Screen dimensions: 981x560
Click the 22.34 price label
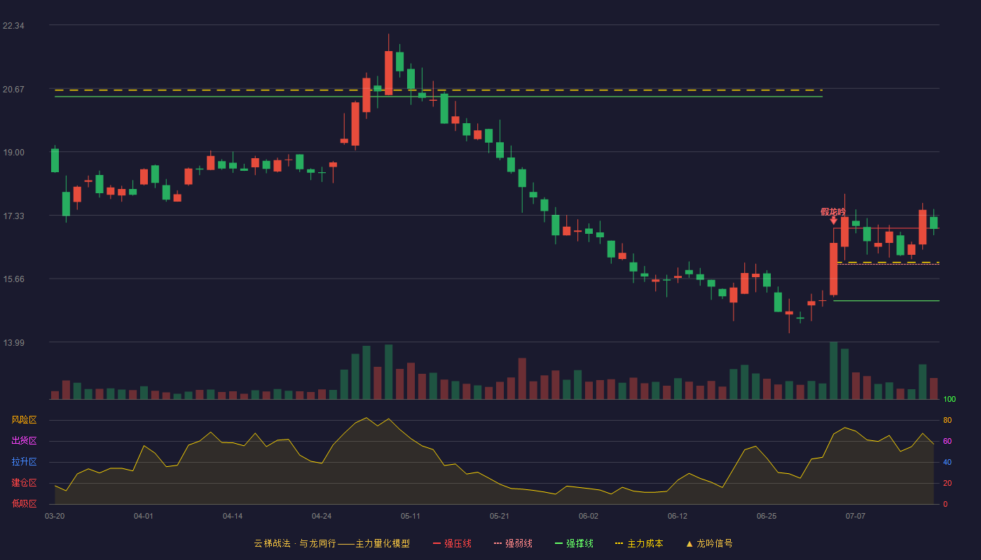pos(13,26)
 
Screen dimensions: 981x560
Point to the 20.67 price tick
pos(13,90)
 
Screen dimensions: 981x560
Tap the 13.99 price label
pos(13,342)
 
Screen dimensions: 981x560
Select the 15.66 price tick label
pos(13,279)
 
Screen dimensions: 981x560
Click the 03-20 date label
pos(55,517)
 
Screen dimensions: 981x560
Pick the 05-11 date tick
pos(411,517)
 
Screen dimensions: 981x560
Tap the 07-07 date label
pos(856,517)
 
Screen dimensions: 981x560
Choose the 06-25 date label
pos(767,517)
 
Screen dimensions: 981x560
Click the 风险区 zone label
pos(24,420)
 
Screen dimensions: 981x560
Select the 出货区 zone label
pos(24,440)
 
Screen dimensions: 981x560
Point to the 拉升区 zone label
pos(24,461)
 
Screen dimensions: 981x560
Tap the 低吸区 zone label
pos(24,503)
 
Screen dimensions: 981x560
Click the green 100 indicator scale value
pos(949,399)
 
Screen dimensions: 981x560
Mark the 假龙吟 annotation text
pos(833,212)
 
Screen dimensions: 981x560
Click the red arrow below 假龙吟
pos(833,220)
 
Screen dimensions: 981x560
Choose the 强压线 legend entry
pos(452,543)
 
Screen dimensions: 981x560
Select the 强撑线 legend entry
pos(574,543)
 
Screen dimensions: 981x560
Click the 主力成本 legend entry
pos(639,543)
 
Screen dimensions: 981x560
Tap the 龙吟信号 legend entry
pos(709,543)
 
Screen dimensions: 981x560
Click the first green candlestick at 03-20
pos(55,160)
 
